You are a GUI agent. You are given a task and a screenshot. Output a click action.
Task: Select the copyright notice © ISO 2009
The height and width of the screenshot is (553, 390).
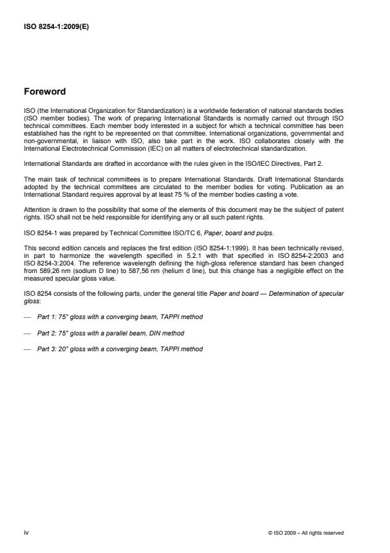[306, 533]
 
